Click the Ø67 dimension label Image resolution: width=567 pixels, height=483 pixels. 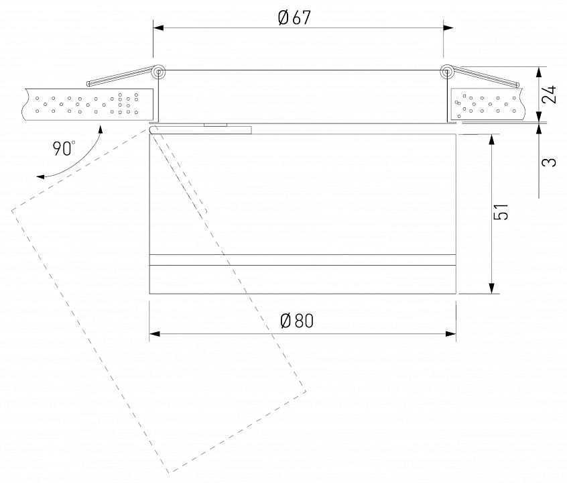point(294,17)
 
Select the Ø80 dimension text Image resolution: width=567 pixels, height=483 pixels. point(296,321)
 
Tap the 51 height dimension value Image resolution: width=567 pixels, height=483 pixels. point(501,212)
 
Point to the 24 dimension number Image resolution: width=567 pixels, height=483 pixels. point(549,94)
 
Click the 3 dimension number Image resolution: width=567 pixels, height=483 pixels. point(549,162)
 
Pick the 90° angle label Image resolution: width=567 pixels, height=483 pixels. point(64,148)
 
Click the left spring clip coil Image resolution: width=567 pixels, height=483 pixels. point(158,72)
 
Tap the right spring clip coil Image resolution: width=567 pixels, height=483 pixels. point(447,72)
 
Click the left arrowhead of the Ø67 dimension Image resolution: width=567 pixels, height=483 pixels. point(158,28)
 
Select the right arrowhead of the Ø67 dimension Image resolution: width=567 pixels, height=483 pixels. point(448,28)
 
